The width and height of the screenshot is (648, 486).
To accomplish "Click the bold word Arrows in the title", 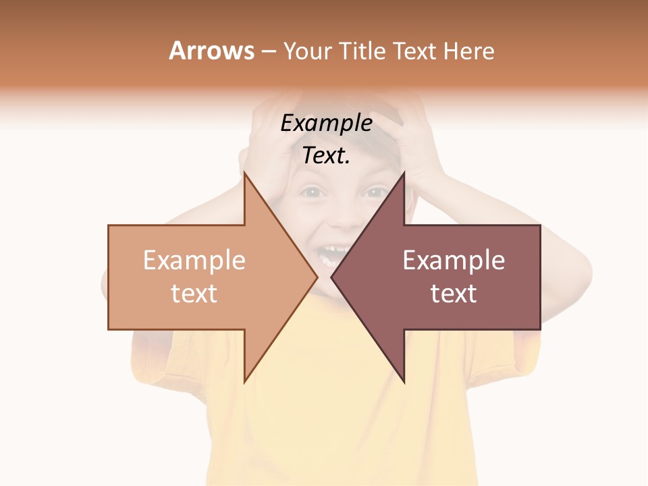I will [212, 51].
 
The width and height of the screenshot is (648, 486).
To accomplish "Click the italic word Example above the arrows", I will [326, 124].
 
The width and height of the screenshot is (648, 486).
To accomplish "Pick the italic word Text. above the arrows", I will [326, 156].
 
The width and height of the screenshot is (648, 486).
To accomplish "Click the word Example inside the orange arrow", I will [194, 261].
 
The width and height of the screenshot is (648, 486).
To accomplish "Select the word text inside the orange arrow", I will [194, 294].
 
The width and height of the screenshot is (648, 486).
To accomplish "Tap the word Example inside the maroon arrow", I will [454, 261].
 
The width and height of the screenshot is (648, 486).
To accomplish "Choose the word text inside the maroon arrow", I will [454, 294].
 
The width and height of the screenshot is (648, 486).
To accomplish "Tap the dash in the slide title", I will [268, 51].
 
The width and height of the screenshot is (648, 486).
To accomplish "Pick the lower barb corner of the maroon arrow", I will [404, 381].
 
